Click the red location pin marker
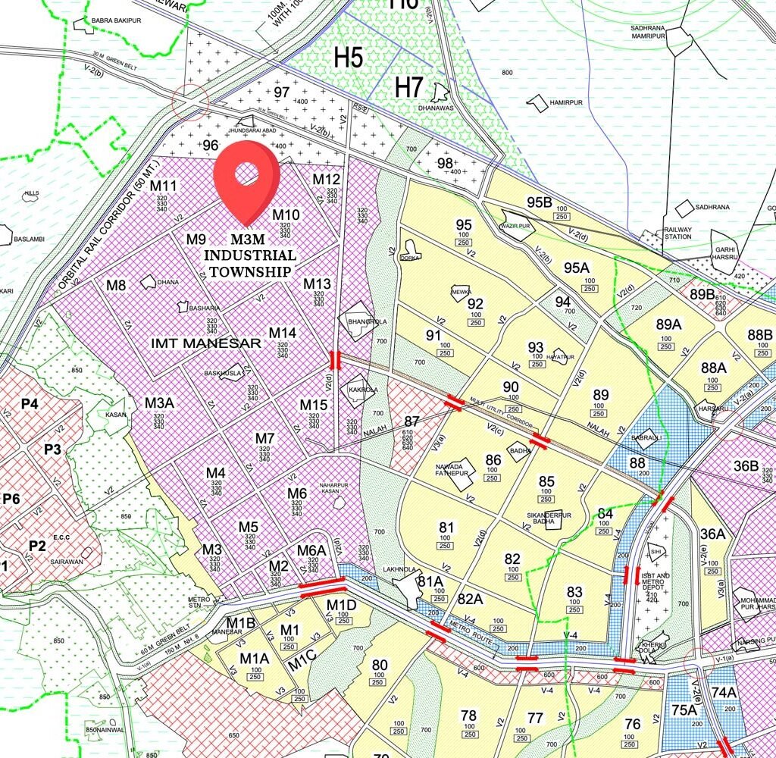pos(246,178)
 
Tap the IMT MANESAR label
pos(206,343)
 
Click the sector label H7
pos(408,87)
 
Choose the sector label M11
pos(163,186)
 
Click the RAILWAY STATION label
pos(678,232)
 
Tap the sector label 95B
pos(540,202)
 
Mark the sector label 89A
pos(668,324)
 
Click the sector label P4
pos(30,404)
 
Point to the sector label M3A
pos(160,402)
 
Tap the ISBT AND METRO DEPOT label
pos(656,581)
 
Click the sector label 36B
pos(746,465)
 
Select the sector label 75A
pos(684,710)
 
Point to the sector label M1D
pos(341,604)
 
